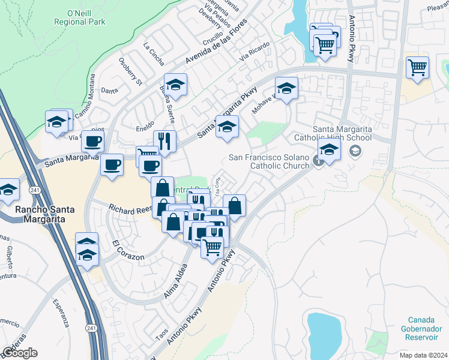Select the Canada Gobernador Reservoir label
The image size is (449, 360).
(x=426, y=329)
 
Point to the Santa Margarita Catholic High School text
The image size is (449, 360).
(x=342, y=133)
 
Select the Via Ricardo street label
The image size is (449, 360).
(x=252, y=54)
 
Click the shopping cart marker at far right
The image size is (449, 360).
(x=417, y=67)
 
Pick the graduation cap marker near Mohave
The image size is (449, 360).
(x=287, y=88)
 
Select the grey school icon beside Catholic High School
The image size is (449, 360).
(x=355, y=151)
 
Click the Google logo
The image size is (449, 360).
(x=20, y=353)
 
